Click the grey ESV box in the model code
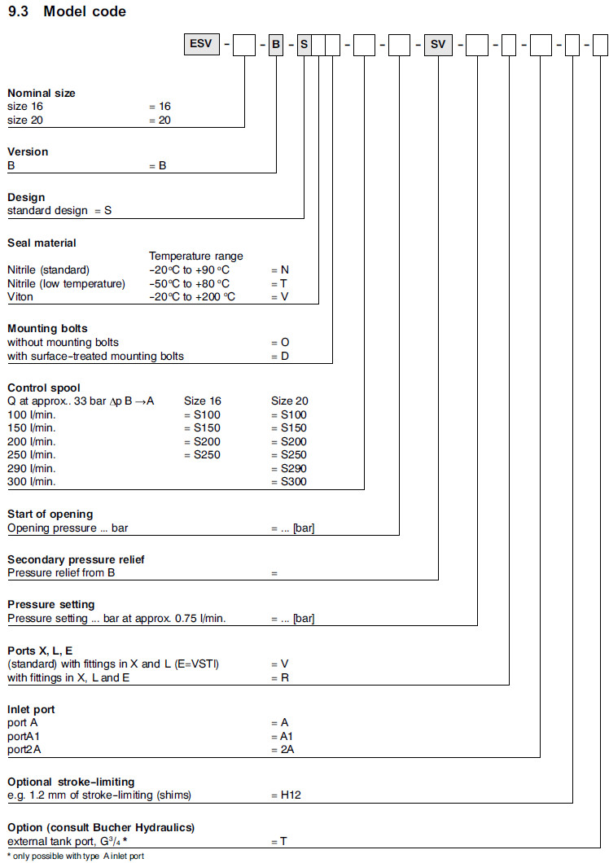pyautogui.click(x=203, y=45)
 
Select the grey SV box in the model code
pyautogui.click(x=438, y=45)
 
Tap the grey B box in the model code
pyautogui.click(x=276, y=45)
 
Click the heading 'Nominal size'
pyautogui.click(x=42, y=93)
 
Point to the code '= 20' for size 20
pyautogui.click(x=160, y=120)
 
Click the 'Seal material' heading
pyautogui.click(x=42, y=243)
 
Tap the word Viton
pyautogui.click(x=20, y=296)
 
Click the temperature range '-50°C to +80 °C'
pyautogui.click(x=190, y=283)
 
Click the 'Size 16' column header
pyautogui.click(x=203, y=401)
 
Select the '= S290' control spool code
pyautogui.click(x=288, y=468)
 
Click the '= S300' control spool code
pyautogui.click(x=288, y=481)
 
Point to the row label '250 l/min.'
pyautogui.click(x=32, y=454)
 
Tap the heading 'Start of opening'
pyautogui.click(x=50, y=514)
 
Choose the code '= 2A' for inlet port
pyautogui.click(x=282, y=749)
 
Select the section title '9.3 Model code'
pyautogui.click(x=67, y=11)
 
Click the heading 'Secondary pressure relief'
pyautogui.click(x=76, y=559)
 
